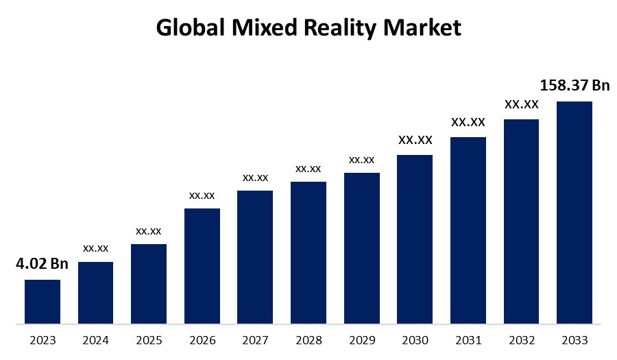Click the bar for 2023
(43, 301)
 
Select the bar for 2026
(202, 265)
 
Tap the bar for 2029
(362, 248)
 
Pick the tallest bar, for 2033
(574, 212)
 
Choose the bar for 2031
(468, 230)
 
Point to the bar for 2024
(95, 292)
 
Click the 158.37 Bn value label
(574, 85)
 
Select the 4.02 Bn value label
(43, 263)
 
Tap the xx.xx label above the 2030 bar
(415, 140)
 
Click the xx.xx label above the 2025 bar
(149, 230)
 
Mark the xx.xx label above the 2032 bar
(521, 105)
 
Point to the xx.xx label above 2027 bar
(255, 178)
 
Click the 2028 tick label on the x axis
(308, 340)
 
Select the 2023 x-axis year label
(43, 340)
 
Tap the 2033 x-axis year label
(574, 340)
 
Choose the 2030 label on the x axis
(415, 340)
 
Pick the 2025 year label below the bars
(149, 340)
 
